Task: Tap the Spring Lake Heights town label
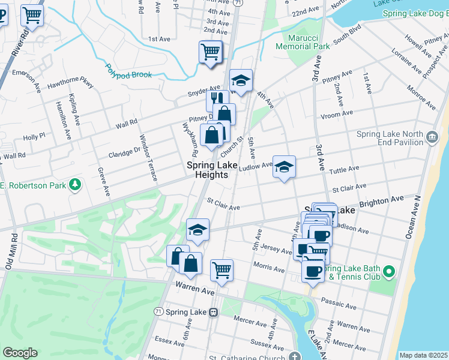point(207,170)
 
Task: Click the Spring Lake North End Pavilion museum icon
point(432,138)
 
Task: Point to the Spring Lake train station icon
point(213,312)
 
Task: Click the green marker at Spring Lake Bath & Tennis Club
point(389,272)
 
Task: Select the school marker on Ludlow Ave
point(285,166)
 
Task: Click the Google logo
point(20,353)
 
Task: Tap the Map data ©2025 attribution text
point(423,355)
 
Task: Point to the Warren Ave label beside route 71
point(194,290)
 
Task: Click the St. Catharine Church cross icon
point(294,356)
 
